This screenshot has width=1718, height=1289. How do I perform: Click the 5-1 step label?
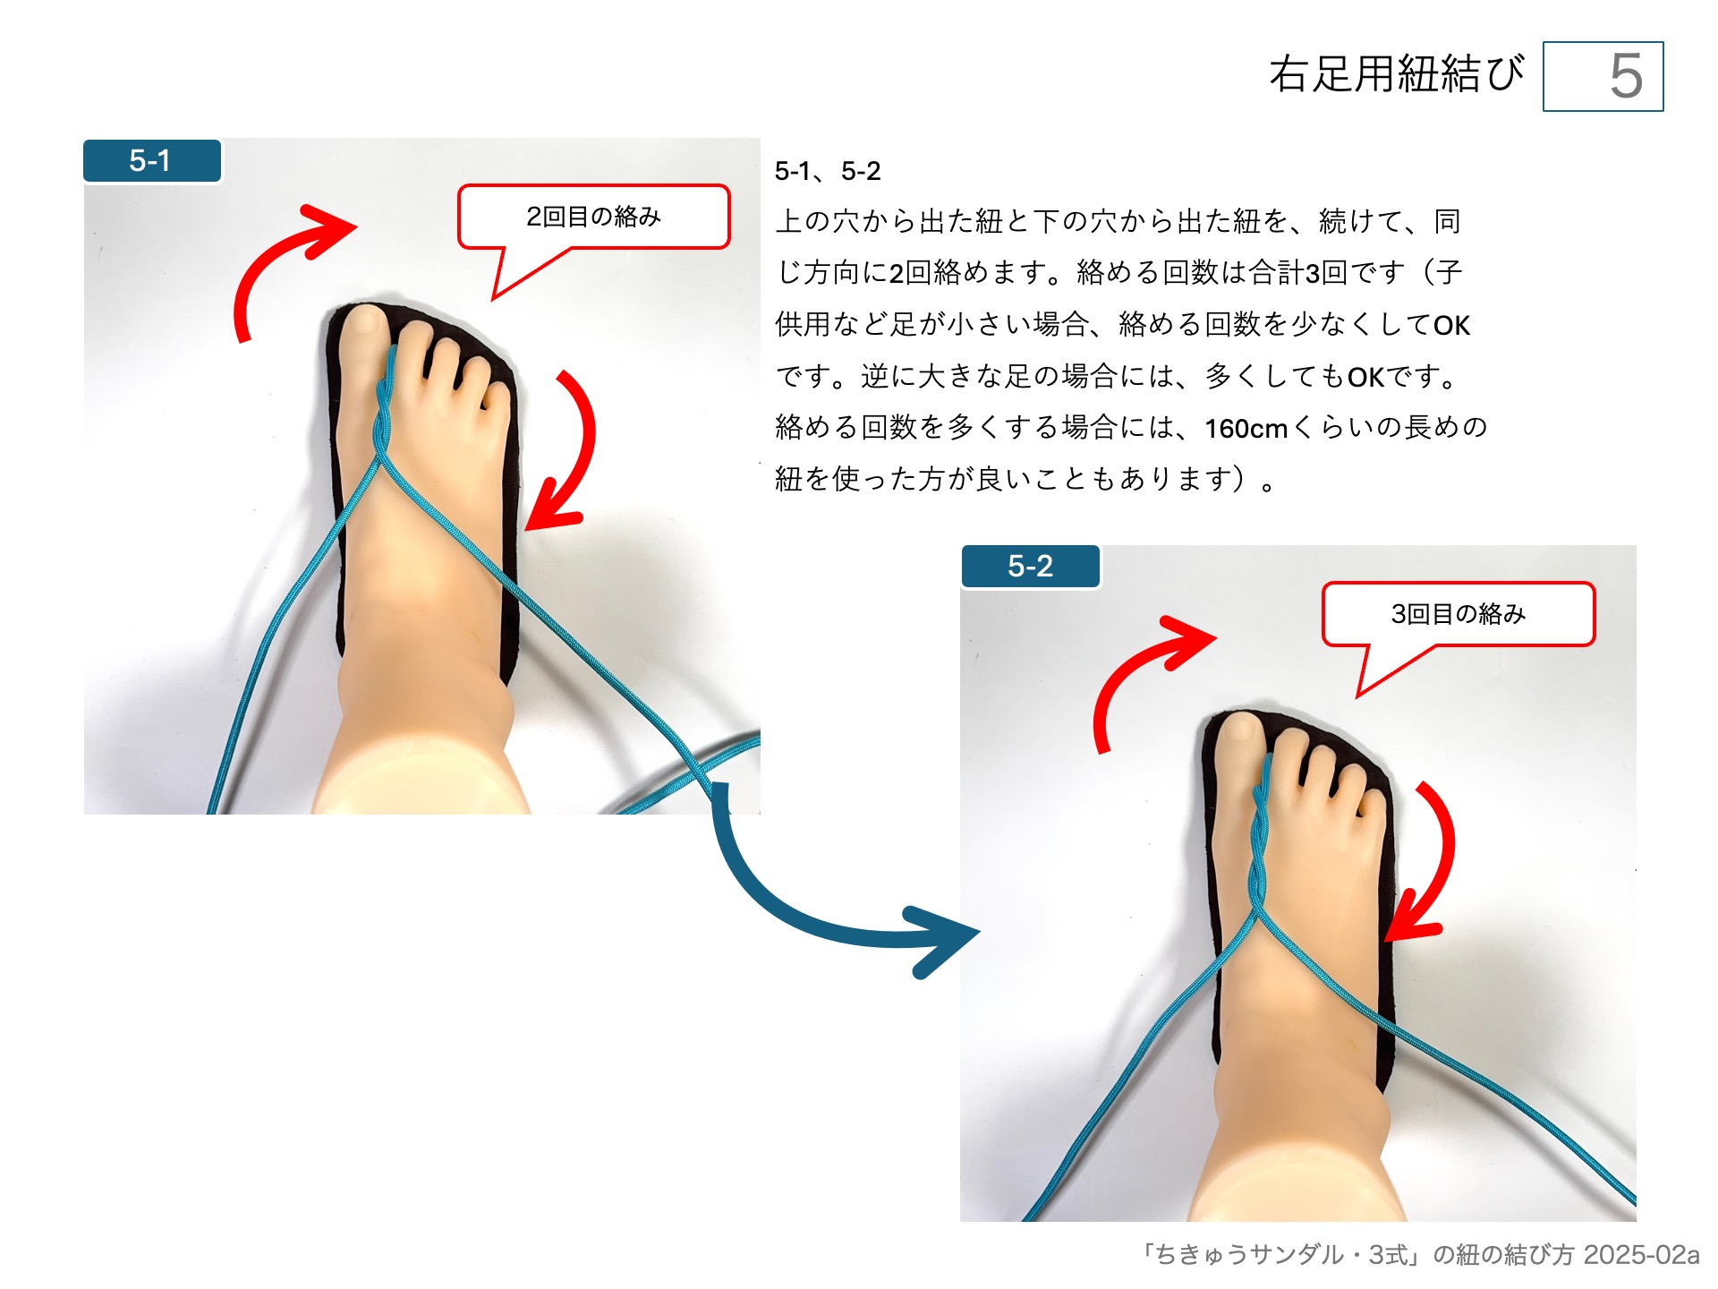tap(151, 161)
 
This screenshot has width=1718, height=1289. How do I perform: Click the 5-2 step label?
tap(1030, 567)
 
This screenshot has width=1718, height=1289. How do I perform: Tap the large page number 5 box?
tap(1603, 77)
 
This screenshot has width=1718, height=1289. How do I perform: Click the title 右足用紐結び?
tap(1396, 73)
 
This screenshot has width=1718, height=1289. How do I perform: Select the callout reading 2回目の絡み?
tap(593, 217)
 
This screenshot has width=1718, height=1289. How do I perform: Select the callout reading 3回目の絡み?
tap(1458, 614)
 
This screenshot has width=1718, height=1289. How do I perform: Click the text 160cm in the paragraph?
tap(1246, 429)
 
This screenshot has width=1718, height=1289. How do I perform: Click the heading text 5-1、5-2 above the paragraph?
tap(828, 171)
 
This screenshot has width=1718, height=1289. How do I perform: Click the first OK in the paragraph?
tap(1451, 326)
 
